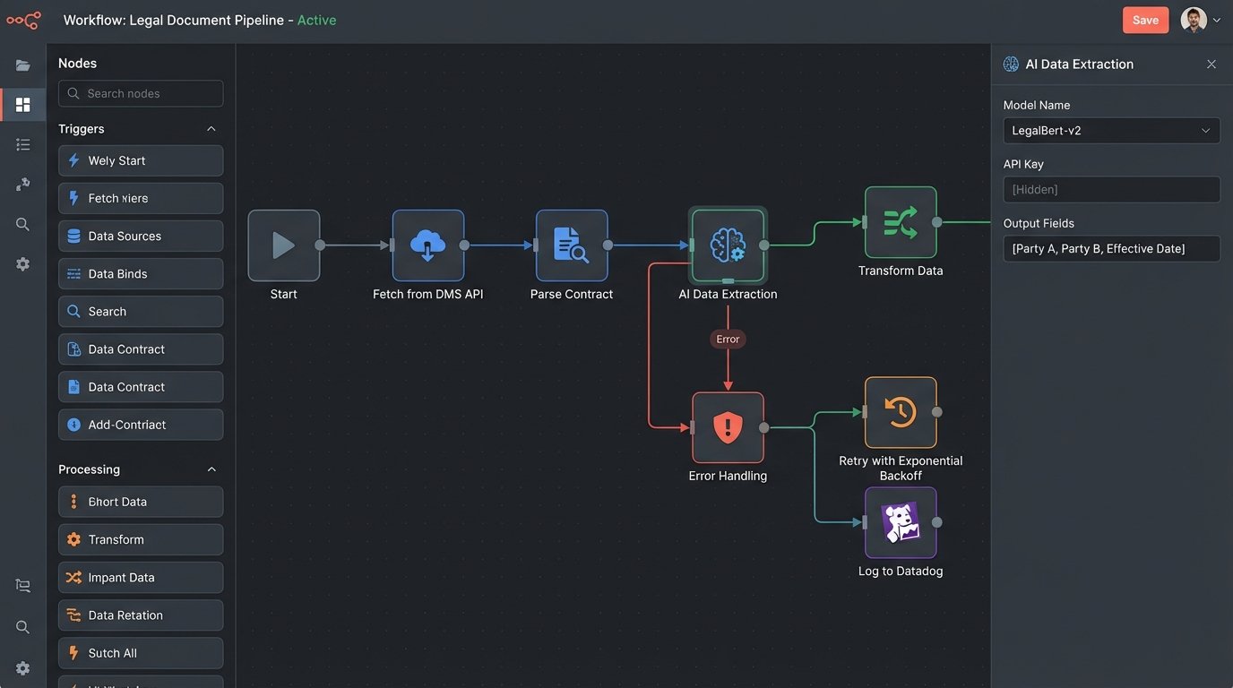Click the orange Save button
(1145, 20)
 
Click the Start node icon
(284, 245)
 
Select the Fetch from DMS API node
(428, 245)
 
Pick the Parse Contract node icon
(572, 245)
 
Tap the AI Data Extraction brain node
(728, 245)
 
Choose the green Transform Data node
(901, 222)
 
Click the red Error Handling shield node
(728, 427)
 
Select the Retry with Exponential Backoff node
(901, 412)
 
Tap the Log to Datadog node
(901, 522)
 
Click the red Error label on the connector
(728, 340)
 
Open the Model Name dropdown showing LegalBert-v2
(1111, 131)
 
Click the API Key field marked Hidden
(1111, 190)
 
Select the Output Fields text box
(1111, 249)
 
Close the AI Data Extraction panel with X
(1211, 64)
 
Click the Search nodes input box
(141, 93)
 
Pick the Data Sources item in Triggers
(141, 236)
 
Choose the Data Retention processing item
(141, 615)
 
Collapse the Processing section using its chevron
(211, 469)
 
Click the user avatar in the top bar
(1194, 20)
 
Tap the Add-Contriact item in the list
(141, 425)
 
